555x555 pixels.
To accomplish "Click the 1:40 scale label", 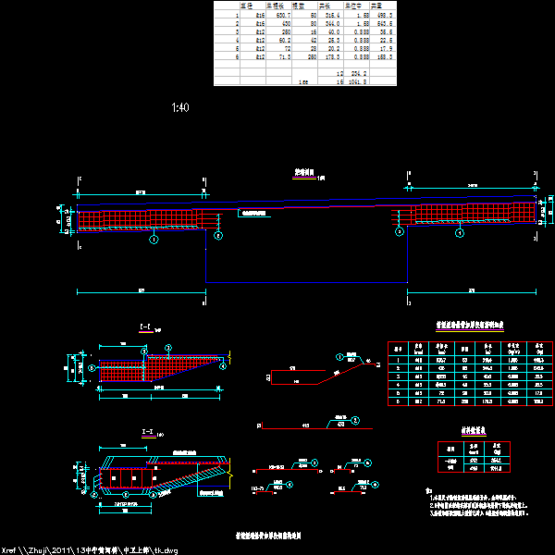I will click(180, 108).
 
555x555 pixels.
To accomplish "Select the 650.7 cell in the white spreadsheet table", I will click(278, 16).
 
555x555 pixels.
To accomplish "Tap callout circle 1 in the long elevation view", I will click(154, 238).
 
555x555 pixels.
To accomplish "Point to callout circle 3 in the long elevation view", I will click(399, 233).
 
